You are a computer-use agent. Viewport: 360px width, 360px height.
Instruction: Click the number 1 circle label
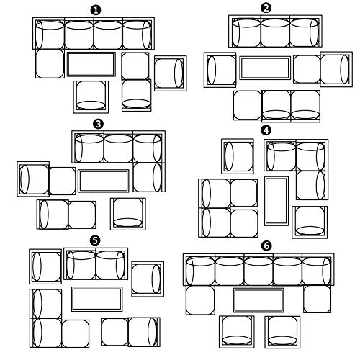(x=96, y=11)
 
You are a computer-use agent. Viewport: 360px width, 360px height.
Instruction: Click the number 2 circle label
(x=266, y=8)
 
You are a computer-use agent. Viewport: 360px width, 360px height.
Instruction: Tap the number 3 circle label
(x=99, y=124)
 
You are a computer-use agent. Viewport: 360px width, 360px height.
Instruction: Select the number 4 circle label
(x=266, y=130)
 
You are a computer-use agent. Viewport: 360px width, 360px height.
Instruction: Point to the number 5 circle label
(x=95, y=240)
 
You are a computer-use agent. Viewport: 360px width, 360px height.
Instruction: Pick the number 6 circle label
(x=266, y=246)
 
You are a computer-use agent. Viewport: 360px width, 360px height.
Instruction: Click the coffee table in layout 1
(x=91, y=64)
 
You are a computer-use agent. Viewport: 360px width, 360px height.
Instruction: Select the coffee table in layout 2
(x=265, y=68)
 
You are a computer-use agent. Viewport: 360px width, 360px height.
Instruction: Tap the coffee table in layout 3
(x=104, y=181)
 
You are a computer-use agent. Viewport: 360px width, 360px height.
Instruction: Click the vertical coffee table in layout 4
(x=276, y=201)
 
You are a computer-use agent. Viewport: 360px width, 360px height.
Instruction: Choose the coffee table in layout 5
(x=97, y=299)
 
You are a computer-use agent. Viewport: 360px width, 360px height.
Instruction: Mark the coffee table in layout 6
(x=258, y=300)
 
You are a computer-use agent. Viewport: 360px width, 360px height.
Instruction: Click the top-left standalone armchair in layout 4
(x=238, y=156)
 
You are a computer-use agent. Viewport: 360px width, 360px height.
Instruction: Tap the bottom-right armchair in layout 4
(x=310, y=222)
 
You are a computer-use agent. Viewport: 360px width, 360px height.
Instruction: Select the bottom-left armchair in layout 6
(x=237, y=332)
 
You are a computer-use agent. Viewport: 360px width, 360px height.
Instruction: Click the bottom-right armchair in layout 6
(x=282, y=332)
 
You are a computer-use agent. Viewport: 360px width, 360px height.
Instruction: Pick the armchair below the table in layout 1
(x=91, y=97)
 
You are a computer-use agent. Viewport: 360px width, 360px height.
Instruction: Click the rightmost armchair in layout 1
(x=171, y=73)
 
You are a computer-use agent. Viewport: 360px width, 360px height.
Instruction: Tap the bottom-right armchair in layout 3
(x=128, y=214)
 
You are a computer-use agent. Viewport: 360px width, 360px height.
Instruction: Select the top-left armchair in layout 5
(x=45, y=266)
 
